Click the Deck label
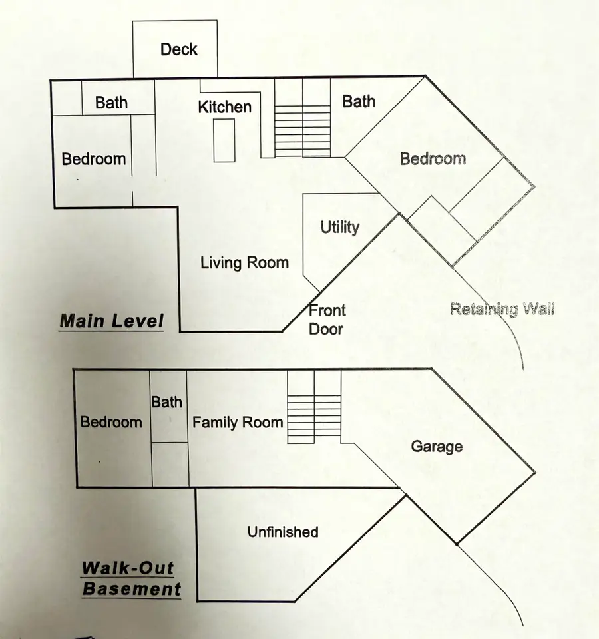[179, 49]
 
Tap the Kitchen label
[225, 106]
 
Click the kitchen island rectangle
[224, 140]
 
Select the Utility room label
[339, 227]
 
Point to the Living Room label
[244, 262]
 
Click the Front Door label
[327, 319]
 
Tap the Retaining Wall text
[502, 309]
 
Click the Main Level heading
[111, 321]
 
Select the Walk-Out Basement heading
[131, 579]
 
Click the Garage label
[437, 446]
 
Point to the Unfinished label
[283, 532]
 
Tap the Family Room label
[238, 422]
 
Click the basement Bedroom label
[111, 422]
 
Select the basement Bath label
[166, 401]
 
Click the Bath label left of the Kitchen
[111, 103]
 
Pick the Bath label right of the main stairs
[359, 101]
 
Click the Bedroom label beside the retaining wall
[433, 158]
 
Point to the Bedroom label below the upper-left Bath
[94, 159]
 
